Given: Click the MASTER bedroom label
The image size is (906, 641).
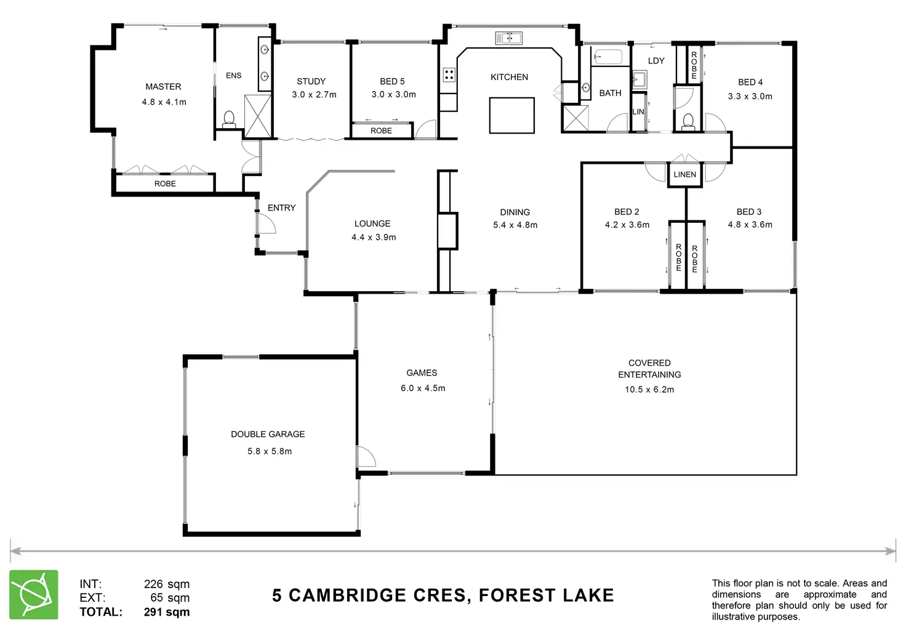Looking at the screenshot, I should (163, 87).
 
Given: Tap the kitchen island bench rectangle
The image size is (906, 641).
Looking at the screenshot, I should (511, 115).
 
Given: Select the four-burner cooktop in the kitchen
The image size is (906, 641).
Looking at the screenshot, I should (449, 75).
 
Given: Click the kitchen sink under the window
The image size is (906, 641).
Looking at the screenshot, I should (508, 38).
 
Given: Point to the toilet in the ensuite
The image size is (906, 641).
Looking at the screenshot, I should (229, 118).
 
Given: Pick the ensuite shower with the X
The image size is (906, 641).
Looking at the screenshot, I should (258, 116).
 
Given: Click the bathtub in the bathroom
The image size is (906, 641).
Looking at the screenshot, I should (607, 57).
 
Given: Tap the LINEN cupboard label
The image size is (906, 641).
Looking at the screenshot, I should (684, 174).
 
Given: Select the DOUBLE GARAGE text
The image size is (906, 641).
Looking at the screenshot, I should (268, 434).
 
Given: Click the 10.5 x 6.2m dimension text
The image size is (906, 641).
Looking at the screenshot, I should (649, 389).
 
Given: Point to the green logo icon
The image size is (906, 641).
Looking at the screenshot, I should (34, 594).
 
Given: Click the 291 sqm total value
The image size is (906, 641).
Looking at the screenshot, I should (167, 612).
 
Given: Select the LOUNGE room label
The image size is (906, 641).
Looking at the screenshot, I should (372, 224).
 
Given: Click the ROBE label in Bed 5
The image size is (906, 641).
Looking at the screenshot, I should (381, 131).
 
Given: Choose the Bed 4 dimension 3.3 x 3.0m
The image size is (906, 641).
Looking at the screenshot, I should (750, 96).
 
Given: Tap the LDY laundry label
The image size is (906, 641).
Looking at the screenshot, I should (656, 60).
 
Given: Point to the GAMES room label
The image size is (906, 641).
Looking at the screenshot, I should (422, 373).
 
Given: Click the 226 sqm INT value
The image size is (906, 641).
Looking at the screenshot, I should (167, 584).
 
